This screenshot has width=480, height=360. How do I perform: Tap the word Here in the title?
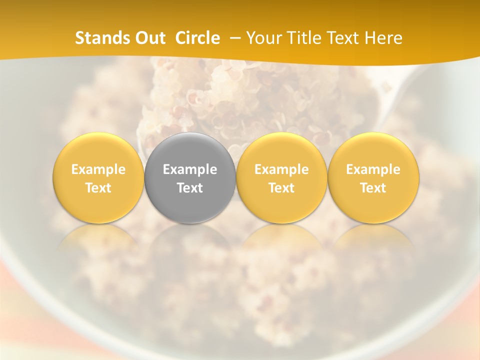point(383,38)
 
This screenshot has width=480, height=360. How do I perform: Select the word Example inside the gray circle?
point(190,169)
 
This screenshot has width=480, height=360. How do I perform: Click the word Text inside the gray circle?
point(190,188)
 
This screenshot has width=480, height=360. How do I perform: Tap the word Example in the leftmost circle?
point(98,169)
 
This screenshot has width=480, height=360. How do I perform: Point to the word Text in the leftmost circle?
point(98,188)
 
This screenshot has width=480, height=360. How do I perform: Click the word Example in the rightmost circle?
point(373,169)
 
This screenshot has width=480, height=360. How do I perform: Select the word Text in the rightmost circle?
point(373,188)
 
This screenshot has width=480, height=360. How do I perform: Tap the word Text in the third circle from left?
point(281,188)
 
